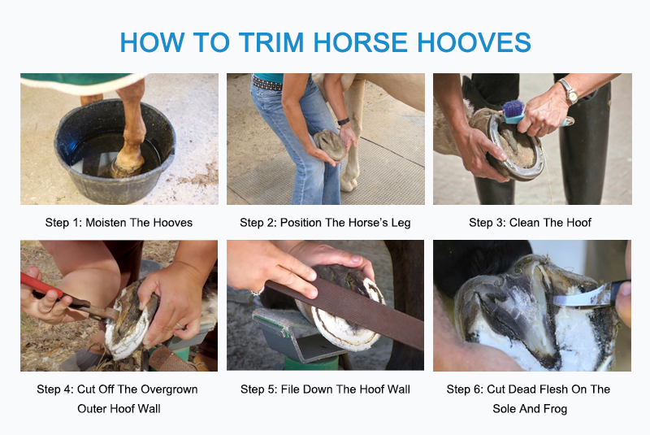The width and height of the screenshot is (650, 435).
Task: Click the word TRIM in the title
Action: (x=272, y=42)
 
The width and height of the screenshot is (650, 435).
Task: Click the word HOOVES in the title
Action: (x=474, y=42)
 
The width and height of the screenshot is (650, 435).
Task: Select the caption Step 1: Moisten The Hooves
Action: (x=119, y=223)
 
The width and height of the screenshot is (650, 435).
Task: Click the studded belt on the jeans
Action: (x=267, y=83)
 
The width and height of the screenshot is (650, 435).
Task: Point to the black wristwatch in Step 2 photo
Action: (x=344, y=121)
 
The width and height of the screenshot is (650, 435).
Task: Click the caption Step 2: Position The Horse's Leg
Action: (x=326, y=223)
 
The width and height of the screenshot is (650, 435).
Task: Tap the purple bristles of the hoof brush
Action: (x=513, y=108)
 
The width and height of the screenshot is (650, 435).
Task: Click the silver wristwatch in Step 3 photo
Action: (x=570, y=91)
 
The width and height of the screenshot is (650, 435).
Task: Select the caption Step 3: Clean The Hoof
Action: (x=531, y=223)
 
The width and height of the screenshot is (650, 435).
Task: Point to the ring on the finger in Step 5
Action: (x=257, y=292)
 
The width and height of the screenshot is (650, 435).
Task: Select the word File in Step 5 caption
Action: (x=290, y=389)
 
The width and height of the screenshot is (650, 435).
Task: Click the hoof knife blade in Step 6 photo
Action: (x=581, y=298)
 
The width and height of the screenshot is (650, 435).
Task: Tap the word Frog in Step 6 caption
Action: (x=555, y=409)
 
